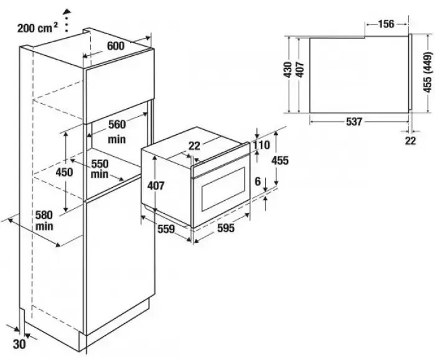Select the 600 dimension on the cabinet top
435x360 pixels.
coord(116,46)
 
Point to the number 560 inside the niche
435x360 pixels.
coord(117,123)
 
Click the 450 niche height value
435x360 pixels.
coord(64,172)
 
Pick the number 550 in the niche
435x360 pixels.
coord(100,164)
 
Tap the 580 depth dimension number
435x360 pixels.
coord(44,215)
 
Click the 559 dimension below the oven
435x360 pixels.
coord(166,228)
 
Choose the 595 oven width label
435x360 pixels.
coord(226,228)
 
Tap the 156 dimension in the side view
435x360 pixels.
coord(386,24)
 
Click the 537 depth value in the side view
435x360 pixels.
coord(353,122)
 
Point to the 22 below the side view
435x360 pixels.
coord(409,141)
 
